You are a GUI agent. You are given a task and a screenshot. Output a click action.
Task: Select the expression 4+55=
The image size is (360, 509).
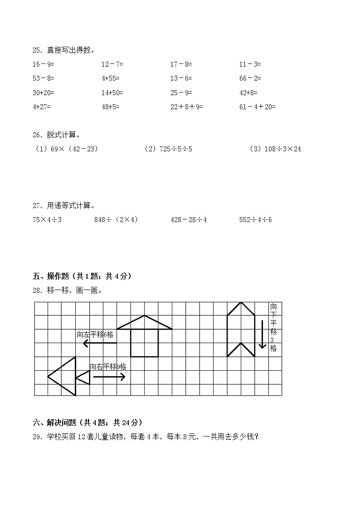click(112, 78)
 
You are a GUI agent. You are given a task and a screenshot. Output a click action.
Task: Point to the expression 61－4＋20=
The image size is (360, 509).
click(257, 107)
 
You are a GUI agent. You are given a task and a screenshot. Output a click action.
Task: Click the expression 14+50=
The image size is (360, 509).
click(112, 92)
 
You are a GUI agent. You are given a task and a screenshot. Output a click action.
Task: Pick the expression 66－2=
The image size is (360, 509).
click(250, 78)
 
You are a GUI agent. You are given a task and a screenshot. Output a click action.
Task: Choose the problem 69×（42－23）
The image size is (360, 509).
click(67, 149)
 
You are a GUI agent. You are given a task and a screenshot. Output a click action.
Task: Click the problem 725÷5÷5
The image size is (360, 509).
click(168, 149)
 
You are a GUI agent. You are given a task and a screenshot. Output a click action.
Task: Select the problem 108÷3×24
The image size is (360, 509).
click(275, 149)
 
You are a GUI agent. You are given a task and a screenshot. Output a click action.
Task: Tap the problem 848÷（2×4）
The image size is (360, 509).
click(116, 220)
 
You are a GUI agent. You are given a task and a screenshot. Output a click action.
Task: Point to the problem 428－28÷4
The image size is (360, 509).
click(189, 220)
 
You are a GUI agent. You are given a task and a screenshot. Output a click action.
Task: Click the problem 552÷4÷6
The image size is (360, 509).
click(255, 220)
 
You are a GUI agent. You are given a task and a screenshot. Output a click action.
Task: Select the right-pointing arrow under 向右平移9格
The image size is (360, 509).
click(109, 376)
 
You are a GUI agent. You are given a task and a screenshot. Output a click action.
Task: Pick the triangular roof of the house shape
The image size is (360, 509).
click(145, 323)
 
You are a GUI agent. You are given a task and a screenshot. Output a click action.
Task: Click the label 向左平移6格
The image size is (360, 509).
click(95, 334)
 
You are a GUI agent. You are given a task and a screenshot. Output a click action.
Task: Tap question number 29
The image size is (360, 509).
click(38, 437)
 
